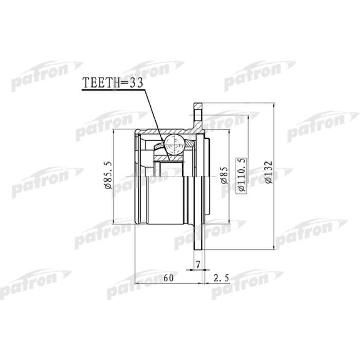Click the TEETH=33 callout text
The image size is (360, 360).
[x=113, y=82]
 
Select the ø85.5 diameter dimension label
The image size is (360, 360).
[x=109, y=175]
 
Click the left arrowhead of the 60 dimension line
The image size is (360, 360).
[x=137, y=284]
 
